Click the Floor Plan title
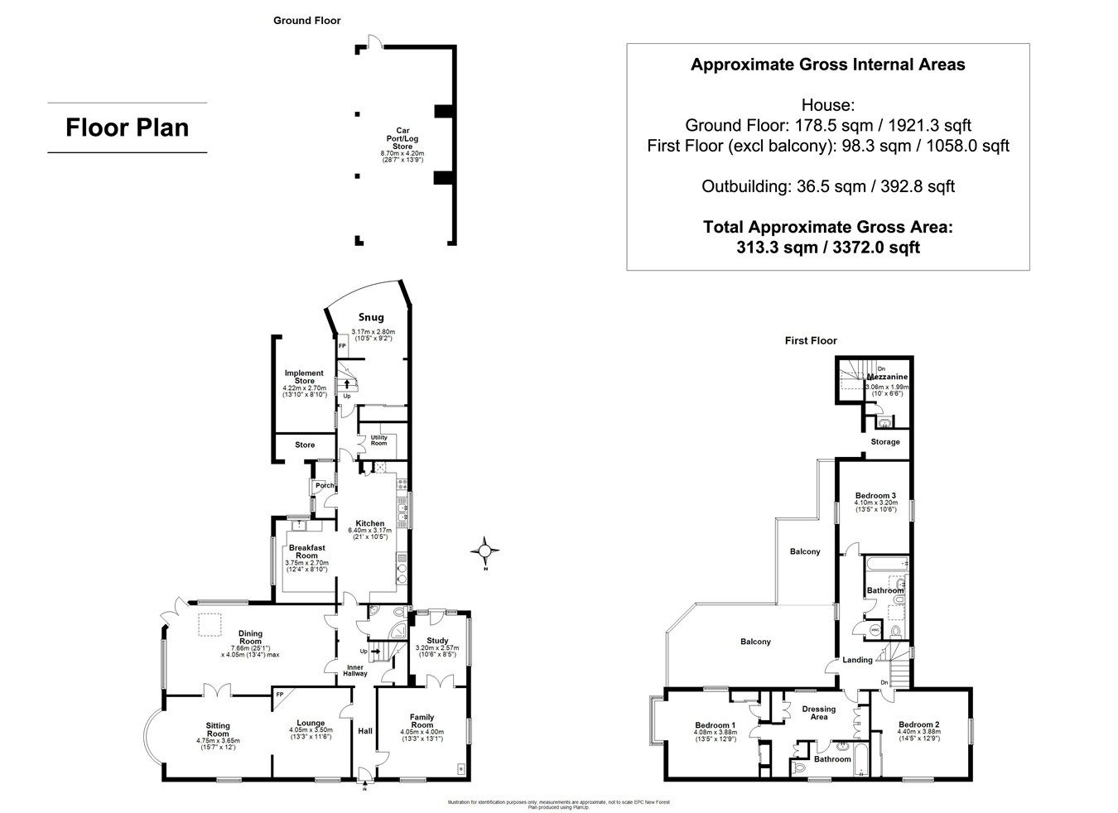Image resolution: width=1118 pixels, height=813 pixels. point(128,127)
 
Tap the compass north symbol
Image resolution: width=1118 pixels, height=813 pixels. point(485,549)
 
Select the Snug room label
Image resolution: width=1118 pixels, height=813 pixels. point(370,317)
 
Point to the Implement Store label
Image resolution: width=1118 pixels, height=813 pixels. point(304,377)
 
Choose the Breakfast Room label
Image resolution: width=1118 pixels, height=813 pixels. point(306,551)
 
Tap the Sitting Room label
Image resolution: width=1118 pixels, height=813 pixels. point(217,728)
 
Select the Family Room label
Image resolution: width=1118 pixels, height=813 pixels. point(422,721)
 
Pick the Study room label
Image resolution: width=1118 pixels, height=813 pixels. point(437,640)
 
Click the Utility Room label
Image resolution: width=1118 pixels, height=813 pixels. point(378,440)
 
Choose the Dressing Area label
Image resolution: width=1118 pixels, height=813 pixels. point(818,713)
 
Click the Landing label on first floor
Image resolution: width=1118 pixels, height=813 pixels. point(857,660)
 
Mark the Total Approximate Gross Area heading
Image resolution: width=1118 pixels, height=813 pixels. point(827,226)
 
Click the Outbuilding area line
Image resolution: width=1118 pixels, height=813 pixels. point(827,186)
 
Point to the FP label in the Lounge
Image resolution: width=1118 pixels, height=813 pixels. point(280,694)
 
